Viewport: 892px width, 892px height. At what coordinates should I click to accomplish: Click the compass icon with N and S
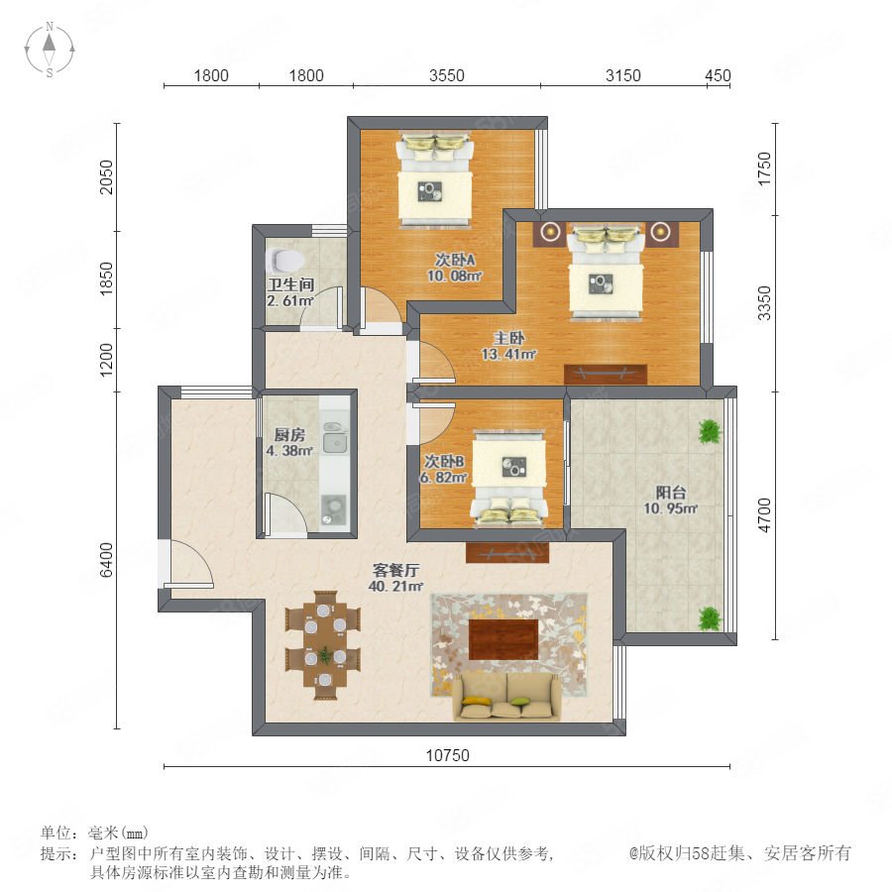coord(50,50)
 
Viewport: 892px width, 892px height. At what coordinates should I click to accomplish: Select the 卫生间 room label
coord(290,284)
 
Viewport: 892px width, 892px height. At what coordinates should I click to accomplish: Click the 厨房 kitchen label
coord(289,435)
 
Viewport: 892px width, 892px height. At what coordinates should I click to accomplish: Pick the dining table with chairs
coord(324,645)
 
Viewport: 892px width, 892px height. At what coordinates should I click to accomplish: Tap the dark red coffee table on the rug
coord(503,639)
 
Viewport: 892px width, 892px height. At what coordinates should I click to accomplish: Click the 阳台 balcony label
coord(671,493)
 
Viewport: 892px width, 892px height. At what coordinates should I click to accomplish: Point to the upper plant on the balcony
coord(710,432)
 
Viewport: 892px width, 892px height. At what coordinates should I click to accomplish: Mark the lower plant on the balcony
coord(710,618)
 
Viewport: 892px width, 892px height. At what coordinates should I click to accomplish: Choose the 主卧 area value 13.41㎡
coord(508,355)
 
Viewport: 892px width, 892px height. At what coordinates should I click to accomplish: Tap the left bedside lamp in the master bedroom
coord(549,232)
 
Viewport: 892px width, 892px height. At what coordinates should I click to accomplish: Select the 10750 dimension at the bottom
coord(448,755)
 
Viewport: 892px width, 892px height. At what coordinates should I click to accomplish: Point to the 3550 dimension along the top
coord(447,75)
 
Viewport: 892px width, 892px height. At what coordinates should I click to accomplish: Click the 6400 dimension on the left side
coord(107,560)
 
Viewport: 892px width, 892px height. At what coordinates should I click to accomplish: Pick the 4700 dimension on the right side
coord(764,514)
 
